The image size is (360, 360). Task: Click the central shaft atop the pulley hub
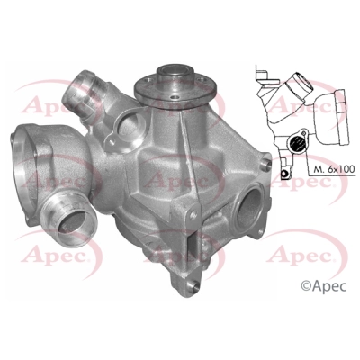click(x=175, y=73)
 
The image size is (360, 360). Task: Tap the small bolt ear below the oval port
click(x=112, y=138)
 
